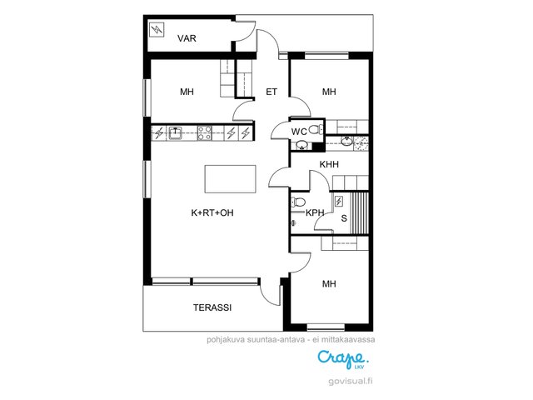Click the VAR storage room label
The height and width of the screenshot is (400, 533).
click(x=187, y=38)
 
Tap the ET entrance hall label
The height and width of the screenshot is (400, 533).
click(x=271, y=92)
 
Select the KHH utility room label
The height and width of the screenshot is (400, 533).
click(x=329, y=165)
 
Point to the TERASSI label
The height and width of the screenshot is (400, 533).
click(x=212, y=307)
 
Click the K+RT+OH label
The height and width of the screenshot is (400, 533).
click(x=212, y=213)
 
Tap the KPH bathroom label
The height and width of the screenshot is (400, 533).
click(x=315, y=213)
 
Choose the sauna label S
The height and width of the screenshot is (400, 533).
click(x=344, y=218)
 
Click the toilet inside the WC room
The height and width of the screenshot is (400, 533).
click(x=316, y=129)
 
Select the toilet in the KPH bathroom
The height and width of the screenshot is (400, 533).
click(x=298, y=202)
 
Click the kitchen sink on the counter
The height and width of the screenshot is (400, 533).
click(x=175, y=132)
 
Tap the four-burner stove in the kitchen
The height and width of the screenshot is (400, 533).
click(x=205, y=132)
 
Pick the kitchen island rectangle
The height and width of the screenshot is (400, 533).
click(x=230, y=179)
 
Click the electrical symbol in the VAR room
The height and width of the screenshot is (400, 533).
click(x=157, y=29)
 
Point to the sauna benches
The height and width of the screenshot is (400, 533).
click(x=359, y=213)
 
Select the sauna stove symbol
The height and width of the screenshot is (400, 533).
click(x=339, y=202)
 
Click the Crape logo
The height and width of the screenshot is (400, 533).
click(x=343, y=359)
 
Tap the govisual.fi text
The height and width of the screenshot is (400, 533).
click(x=351, y=382)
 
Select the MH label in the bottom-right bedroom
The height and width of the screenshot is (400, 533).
click(x=329, y=283)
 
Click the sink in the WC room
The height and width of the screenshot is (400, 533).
click(x=301, y=146)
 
